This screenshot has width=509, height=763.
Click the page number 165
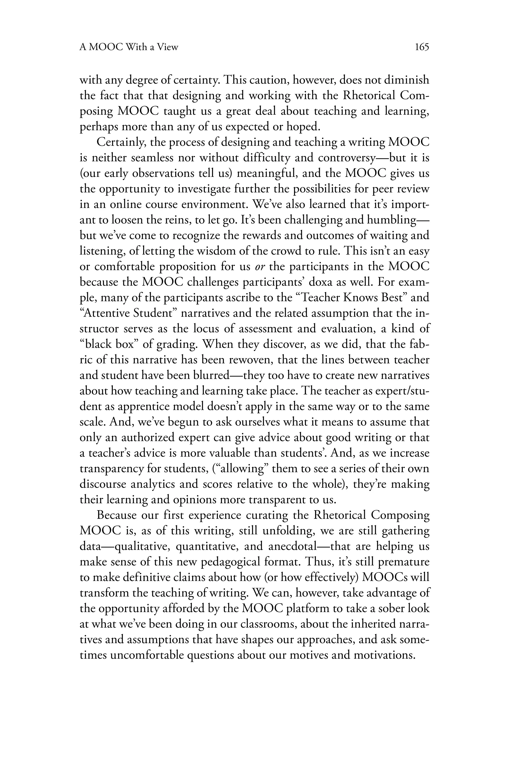click(x=422, y=47)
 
